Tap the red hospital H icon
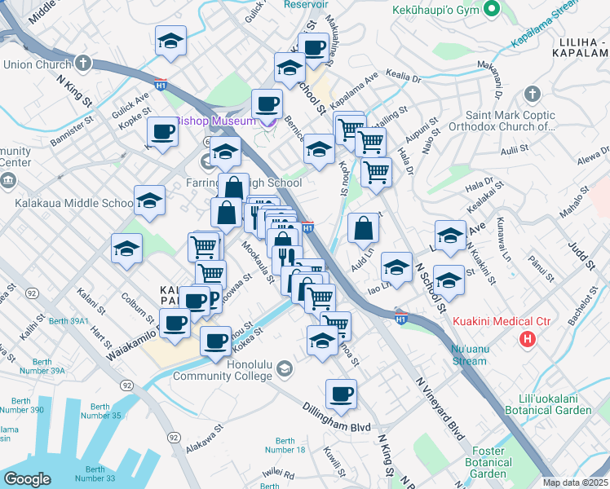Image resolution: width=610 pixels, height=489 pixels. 528,337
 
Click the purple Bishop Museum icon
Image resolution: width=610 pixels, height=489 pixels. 269,122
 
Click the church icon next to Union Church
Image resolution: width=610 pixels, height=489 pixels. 84,63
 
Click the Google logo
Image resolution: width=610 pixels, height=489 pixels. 27,479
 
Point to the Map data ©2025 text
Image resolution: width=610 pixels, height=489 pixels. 576,482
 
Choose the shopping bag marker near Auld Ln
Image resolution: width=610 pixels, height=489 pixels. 363,231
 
